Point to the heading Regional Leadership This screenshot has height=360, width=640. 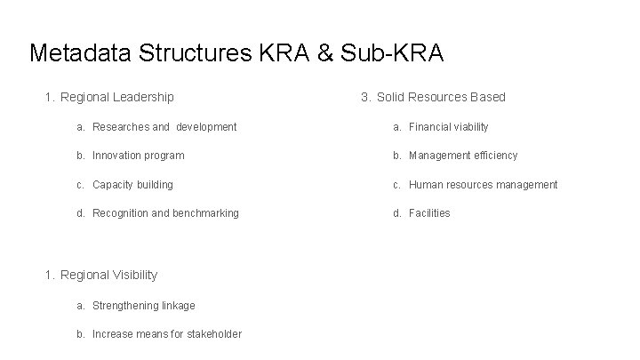[x=116, y=97]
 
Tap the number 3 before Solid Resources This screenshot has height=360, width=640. [x=364, y=97]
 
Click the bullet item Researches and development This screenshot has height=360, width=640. [x=164, y=127]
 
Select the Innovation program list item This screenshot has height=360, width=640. [x=138, y=156]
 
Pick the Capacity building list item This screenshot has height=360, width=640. [x=132, y=185]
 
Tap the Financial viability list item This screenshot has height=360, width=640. [x=448, y=127]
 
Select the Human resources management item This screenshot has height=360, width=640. [x=483, y=185]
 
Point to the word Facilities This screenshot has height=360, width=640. [x=429, y=213]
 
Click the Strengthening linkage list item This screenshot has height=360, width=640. [x=143, y=306]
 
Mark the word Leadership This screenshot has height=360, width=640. [x=142, y=97]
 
